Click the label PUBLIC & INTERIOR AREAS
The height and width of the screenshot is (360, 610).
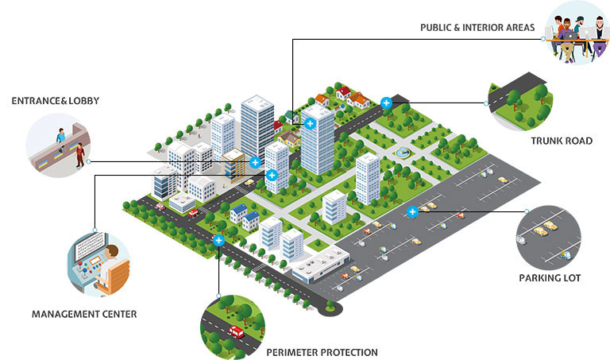point(476,28)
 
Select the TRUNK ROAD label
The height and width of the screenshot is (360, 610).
point(562,141)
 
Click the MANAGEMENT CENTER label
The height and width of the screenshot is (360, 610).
point(84,314)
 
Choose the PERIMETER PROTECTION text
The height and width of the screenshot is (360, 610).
point(322,352)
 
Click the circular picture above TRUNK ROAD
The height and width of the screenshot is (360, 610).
point(520,100)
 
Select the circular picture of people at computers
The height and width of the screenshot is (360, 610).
point(577,33)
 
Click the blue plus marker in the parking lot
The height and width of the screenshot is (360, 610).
point(412,212)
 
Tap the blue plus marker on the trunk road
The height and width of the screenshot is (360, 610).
point(386,103)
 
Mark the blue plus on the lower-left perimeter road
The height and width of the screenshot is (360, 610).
point(218,240)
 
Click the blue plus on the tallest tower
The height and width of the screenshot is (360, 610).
point(309,122)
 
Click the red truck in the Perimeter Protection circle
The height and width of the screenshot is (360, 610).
point(236,331)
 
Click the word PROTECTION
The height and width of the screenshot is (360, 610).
point(349,352)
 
